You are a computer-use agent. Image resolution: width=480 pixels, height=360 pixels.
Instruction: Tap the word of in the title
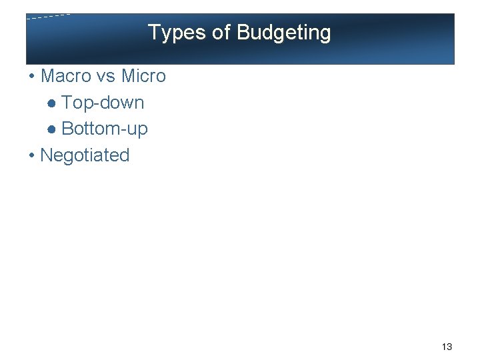pos(222,33)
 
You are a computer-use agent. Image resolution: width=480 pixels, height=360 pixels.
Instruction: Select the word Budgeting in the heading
pos(283,33)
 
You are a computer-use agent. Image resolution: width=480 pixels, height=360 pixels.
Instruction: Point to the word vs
pos(106,76)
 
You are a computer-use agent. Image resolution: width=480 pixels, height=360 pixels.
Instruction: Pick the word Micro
pos(143,76)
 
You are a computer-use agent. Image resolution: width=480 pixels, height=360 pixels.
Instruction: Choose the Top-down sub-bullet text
pos(103,103)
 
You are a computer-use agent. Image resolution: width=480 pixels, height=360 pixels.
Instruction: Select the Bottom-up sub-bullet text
pos(105,129)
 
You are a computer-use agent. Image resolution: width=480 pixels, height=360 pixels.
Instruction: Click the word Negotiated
pos(85,155)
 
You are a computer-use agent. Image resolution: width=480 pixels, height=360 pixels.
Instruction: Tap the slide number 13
pos(447,347)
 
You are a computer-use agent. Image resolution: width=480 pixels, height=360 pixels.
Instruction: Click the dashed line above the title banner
pos(48,17)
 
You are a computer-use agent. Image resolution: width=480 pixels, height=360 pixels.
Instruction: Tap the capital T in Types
pos(153,33)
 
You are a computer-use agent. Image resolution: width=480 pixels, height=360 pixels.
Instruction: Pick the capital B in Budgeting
pos(243,33)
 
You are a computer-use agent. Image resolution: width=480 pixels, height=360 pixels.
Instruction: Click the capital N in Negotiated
pos(47,155)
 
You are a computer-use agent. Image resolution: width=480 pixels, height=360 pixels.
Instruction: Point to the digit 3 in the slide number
pos(449,347)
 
